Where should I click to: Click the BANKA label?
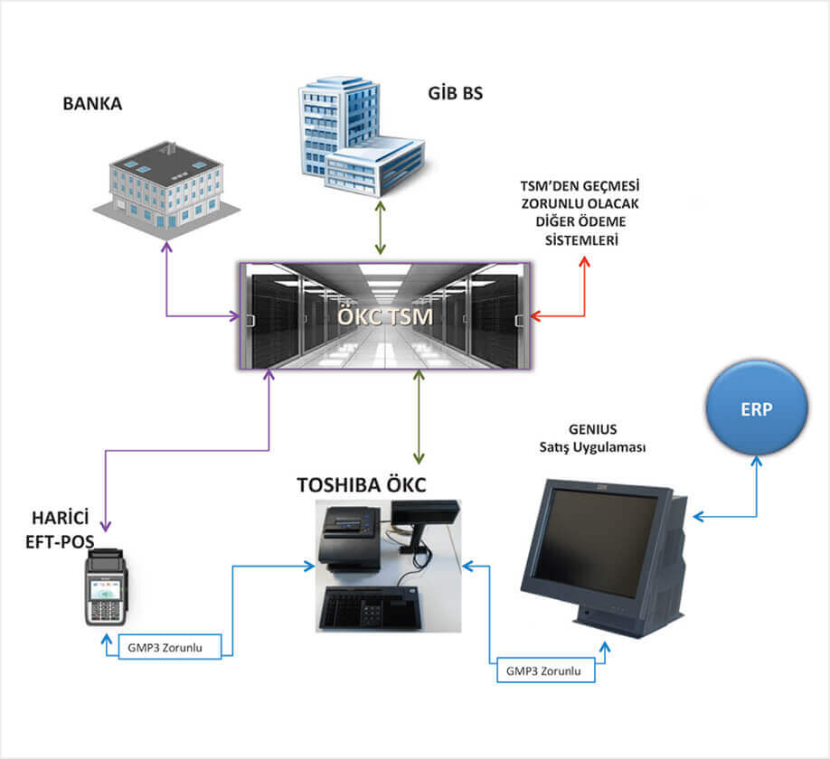click(92, 103)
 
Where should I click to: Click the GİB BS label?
click(455, 91)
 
